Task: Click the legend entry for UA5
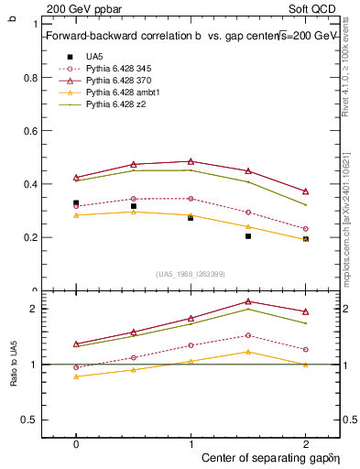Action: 94,56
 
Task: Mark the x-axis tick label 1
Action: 191,442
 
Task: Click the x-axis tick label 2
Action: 305,442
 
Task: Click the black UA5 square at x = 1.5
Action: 248,236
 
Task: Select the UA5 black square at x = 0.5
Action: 134,206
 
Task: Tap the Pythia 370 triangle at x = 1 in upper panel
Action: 191,161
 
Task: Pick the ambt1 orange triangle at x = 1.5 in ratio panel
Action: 248,352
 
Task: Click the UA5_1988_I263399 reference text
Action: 191,274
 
